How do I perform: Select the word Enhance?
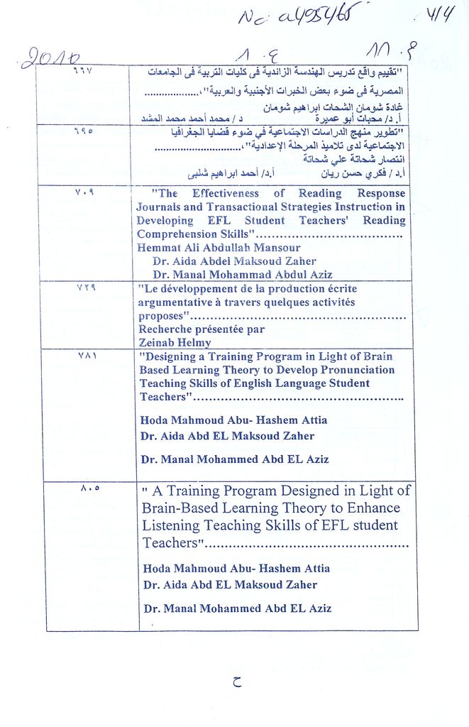(x=375, y=508)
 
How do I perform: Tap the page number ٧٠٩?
(x=84, y=192)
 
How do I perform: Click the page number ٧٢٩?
(x=85, y=287)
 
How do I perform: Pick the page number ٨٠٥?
(x=90, y=488)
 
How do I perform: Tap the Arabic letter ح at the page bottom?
(x=236, y=683)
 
